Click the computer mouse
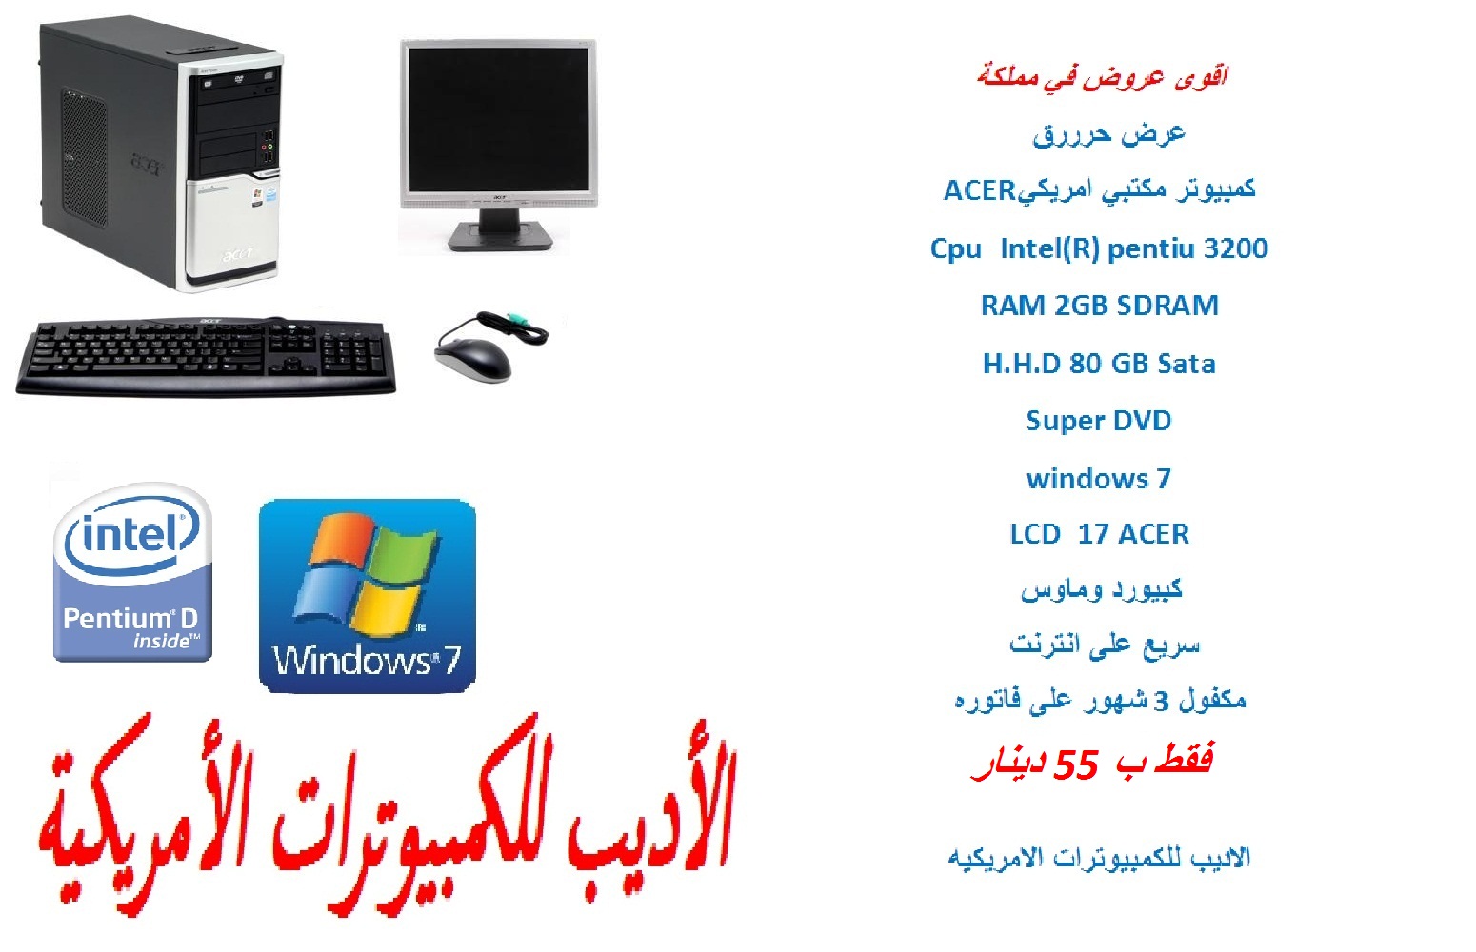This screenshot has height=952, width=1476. (473, 360)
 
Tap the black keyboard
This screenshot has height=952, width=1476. (207, 356)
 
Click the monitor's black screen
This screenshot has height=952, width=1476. (498, 118)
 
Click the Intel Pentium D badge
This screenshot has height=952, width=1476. (132, 572)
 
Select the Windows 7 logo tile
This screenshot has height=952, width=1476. (368, 596)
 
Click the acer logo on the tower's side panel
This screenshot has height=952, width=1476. (146, 164)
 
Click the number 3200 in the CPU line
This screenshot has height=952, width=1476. (1235, 248)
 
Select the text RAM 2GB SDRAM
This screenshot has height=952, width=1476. (1099, 306)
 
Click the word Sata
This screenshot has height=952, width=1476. (1187, 364)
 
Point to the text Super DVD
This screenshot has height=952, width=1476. (1099, 421)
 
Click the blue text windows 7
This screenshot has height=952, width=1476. (1099, 478)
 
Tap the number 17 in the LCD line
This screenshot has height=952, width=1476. (1093, 534)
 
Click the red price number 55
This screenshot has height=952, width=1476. (1076, 765)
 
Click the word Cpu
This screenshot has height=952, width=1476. (955, 249)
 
